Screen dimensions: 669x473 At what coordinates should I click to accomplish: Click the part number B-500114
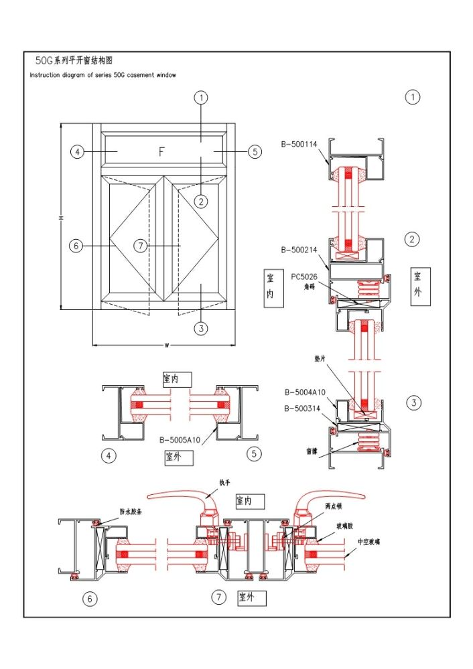[299, 143]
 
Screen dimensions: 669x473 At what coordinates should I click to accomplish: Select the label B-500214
[299, 250]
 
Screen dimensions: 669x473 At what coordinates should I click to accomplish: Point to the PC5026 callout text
[304, 275]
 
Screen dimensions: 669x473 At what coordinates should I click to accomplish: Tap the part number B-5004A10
[305, 392]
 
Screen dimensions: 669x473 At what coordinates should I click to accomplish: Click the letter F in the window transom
[161, 152]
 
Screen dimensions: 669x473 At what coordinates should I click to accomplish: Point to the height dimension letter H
[60, 218]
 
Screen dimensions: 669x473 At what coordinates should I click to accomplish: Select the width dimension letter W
[165, 346]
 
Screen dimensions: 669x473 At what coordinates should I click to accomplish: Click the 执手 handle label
[224, 481]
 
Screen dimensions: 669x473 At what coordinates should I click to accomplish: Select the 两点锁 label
[333, 507]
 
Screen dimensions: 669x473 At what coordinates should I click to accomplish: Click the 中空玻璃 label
[369, 542]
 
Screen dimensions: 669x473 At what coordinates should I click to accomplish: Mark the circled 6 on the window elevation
[76, 246]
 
